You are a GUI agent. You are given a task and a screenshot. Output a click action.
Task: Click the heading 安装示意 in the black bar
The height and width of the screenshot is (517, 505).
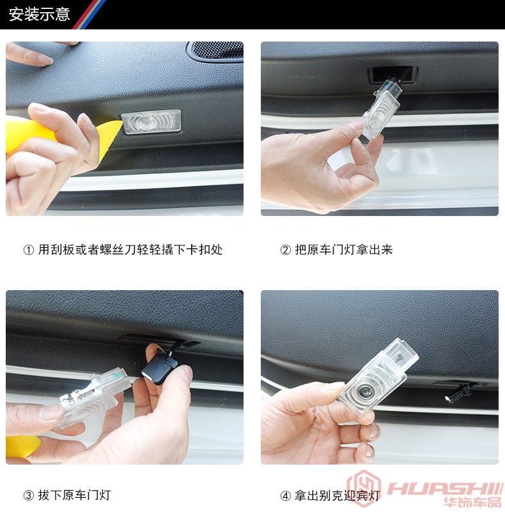(x=39, y=15)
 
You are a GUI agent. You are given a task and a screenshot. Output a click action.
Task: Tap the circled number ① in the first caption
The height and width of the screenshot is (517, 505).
(x=29, y=250)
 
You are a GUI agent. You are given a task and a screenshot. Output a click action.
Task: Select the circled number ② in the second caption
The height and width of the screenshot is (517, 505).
(x=285, y=250)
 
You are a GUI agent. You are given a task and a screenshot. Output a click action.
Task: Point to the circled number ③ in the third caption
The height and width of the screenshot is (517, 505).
(x=29, y=495)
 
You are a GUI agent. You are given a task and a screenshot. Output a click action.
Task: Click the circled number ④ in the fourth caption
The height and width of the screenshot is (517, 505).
(x=285, y=495)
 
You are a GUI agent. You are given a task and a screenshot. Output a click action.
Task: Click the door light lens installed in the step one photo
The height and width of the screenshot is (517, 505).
(x=151, y=121)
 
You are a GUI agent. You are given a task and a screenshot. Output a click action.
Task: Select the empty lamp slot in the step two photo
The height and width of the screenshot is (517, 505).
(x=392, y=74)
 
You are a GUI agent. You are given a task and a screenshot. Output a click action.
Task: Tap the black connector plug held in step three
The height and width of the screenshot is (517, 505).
(x=159, y=367)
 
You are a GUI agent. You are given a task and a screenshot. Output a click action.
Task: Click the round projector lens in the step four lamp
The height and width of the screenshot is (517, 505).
(x=365, y=391)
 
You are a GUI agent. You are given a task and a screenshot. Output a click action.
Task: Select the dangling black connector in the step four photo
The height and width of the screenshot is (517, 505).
(x=459, y=392)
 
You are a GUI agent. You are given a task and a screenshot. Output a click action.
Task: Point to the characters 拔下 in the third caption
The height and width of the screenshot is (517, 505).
(x=50, y=495)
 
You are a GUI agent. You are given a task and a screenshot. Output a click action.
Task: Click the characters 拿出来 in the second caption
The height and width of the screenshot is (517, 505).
(x=375, y=250)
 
